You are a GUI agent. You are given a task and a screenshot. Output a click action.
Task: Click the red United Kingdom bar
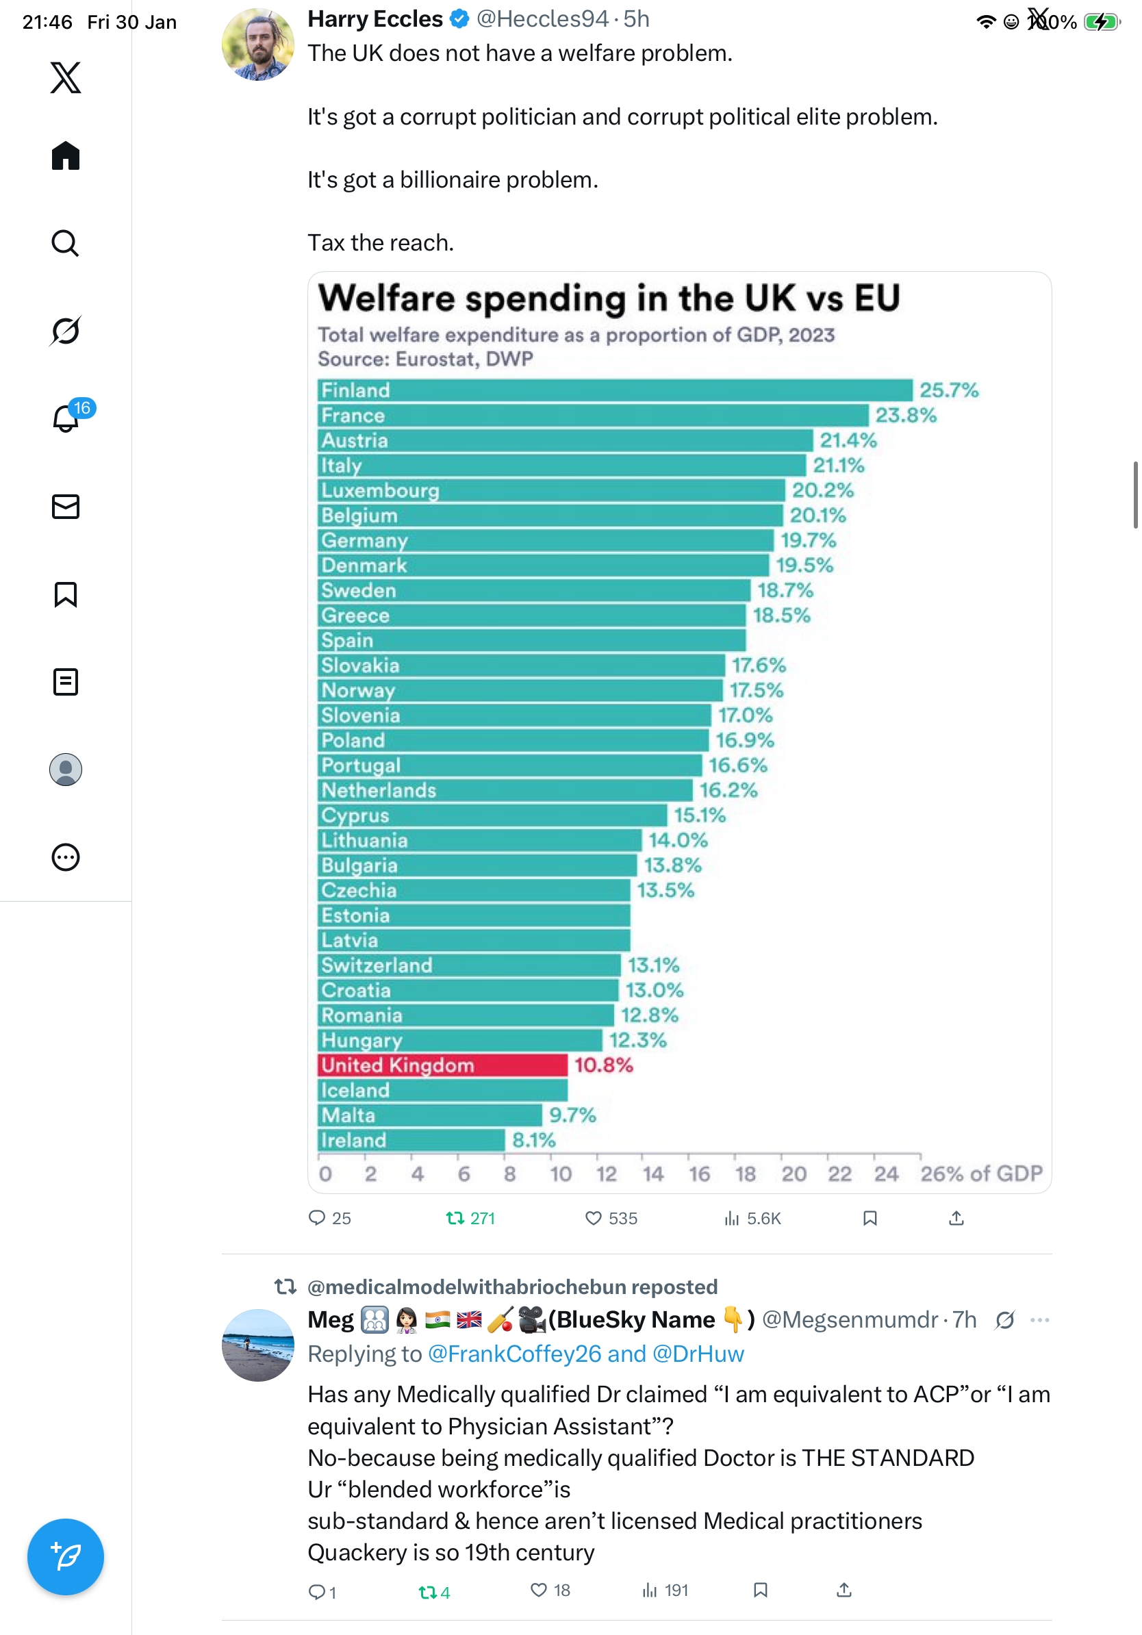[x=442, y=1065]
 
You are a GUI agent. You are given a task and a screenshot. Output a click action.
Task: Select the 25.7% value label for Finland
[x=948, y=390]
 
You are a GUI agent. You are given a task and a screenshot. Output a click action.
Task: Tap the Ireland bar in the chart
[x=411, y=1140]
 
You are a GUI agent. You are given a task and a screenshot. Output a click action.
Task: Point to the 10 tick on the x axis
[x=560, y=1174]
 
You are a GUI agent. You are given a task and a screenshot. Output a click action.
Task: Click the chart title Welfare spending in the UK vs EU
[x=609, y=298]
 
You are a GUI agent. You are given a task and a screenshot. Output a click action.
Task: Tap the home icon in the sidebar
[x=66, y=155]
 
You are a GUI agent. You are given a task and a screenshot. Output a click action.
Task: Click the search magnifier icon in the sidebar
[x=66, y=244]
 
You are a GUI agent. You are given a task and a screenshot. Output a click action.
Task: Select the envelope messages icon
[x=66, y=506]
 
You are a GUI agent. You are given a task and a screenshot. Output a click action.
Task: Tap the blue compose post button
[x=66, y=1557]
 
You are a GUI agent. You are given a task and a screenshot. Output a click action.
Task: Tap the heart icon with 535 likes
[x=592, y=1219]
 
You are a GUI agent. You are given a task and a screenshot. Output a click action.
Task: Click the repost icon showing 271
[x=454, y=1219]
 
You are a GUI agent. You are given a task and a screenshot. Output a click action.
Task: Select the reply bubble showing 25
[x=317, y=1218]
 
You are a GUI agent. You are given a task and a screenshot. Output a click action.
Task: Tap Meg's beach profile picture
[x=257, y=1345]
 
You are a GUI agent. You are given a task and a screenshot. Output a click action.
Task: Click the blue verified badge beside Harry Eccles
[x=460, y=19]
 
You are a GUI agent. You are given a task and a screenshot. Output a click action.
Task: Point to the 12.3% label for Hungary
[x=637, y=1041]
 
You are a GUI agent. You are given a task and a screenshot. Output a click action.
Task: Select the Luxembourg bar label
[x=380, y=490]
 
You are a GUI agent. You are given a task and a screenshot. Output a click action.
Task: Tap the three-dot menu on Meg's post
[x=1039, y=1319]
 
